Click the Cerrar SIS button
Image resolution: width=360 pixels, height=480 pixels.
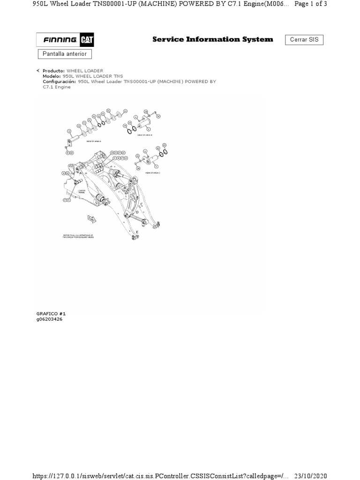[x=304, y=40]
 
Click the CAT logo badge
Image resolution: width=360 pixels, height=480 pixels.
[x=86, y=40]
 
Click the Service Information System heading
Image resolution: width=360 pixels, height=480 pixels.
[x=212, y=39]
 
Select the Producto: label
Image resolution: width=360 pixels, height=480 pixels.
[x=53, y=71]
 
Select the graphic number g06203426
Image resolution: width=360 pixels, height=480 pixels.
[x=49, y=319]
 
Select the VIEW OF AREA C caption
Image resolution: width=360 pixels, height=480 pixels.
[x=152, y=172]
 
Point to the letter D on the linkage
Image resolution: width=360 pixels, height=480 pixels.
[x=137, y=211]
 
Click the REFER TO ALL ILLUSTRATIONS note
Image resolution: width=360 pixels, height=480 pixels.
[x=78, y=236]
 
